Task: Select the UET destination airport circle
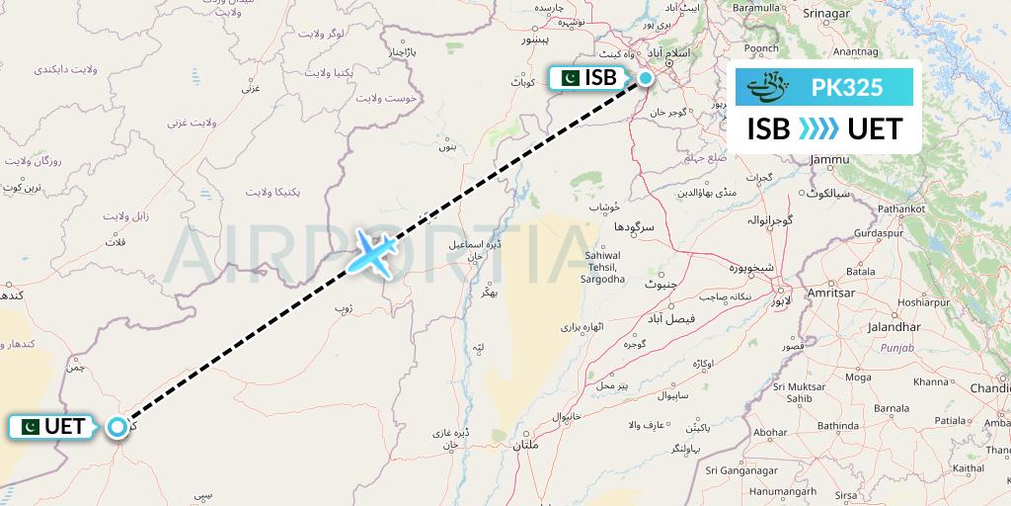118,427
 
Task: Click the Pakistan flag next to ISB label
569,78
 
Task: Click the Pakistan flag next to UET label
28,427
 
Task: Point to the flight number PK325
846,88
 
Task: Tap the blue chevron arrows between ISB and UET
818,128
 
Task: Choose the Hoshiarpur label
924,302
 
